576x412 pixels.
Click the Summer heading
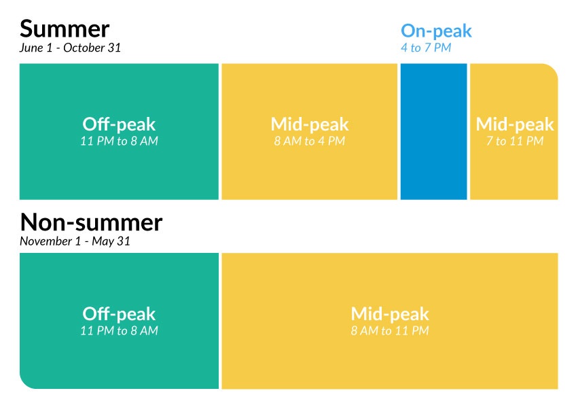pos(65,29)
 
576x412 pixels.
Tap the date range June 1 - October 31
pos(70,48)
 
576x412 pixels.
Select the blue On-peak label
pos(436,31)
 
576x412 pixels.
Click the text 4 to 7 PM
pos(426,48)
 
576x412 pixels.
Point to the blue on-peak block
pos(433,132)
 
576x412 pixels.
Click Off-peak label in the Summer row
pos(119,124)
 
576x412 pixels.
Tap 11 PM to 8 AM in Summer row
pos(119,141)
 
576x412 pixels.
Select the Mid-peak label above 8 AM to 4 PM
pos(310,124)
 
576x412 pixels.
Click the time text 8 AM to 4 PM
pos(310,141)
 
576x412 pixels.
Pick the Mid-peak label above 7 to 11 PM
pos(515,124)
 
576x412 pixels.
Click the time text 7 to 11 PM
pos(515,141)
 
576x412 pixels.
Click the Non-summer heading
pos(91,222)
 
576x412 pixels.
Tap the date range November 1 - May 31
pos(75,241)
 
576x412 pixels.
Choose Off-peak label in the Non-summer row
pos(119,314)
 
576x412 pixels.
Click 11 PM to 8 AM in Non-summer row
pos(119,330)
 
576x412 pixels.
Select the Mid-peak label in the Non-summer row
pos(390,314)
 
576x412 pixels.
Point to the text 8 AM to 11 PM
pos(390,330)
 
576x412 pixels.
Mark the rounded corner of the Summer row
pos(553,69)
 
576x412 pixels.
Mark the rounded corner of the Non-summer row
pos(24,384)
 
